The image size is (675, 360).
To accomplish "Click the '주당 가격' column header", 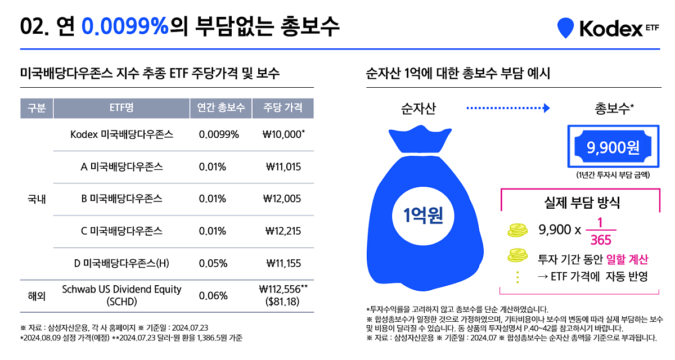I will (x=282, y=107).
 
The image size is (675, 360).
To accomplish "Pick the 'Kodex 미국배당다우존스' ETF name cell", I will (x=121, y=134).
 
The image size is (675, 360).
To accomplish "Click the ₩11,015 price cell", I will (x=283, y=166).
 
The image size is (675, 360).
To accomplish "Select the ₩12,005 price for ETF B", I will (x=282, y=199).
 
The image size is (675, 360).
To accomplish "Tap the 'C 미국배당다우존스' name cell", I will (x=121, y=231).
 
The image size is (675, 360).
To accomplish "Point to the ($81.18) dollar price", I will (x=283, y=301).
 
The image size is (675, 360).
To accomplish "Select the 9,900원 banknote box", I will (x=612, y=148).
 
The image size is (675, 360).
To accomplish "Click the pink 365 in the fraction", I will (x=601, y=240).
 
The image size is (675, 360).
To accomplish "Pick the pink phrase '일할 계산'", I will (x=627, y=259).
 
